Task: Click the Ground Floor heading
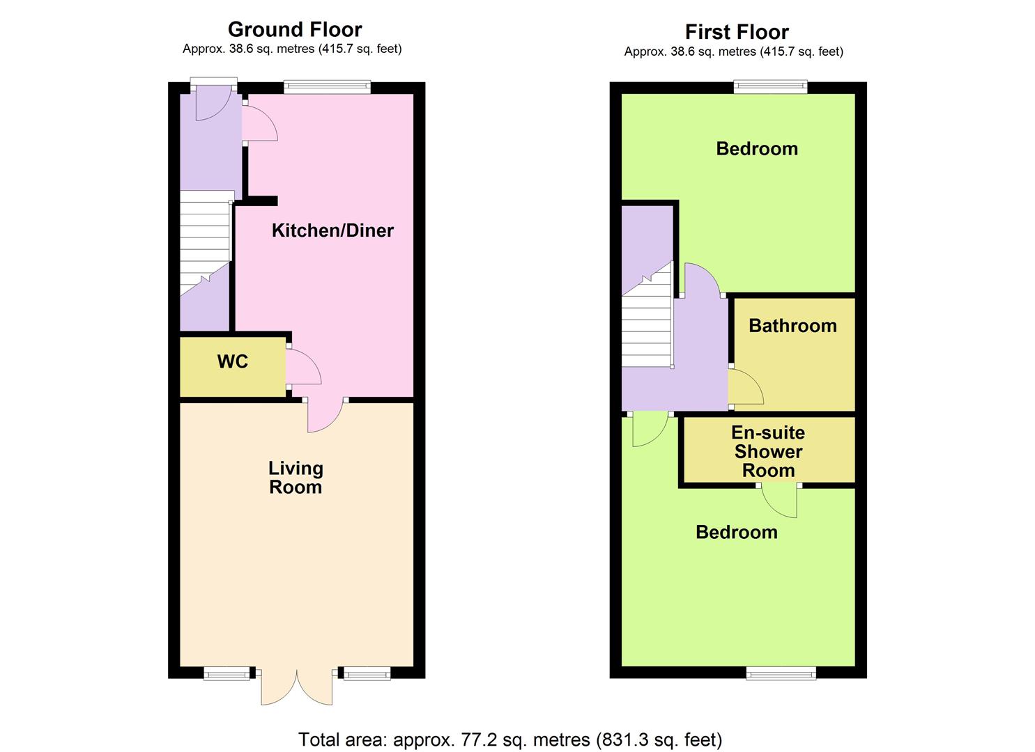(x=295, y=29)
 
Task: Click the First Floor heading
(x=737, y=32)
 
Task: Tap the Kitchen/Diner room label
(x=332, y=230)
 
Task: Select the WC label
(x=233, y=361)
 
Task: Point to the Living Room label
(x=296, y=478)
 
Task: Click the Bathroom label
(x=792, y=326)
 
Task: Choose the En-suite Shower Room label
(x=768, y=451)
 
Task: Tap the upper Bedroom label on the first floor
(x=757, y=148)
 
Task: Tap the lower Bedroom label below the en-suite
(x=737, y=532)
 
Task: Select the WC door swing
(x=301, y=367)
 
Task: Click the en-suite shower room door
(x=781, y=499)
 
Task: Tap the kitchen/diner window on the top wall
(x=327, y=87)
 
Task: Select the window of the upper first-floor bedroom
(x=770, y=87)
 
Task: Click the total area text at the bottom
(x=510, y=739)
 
